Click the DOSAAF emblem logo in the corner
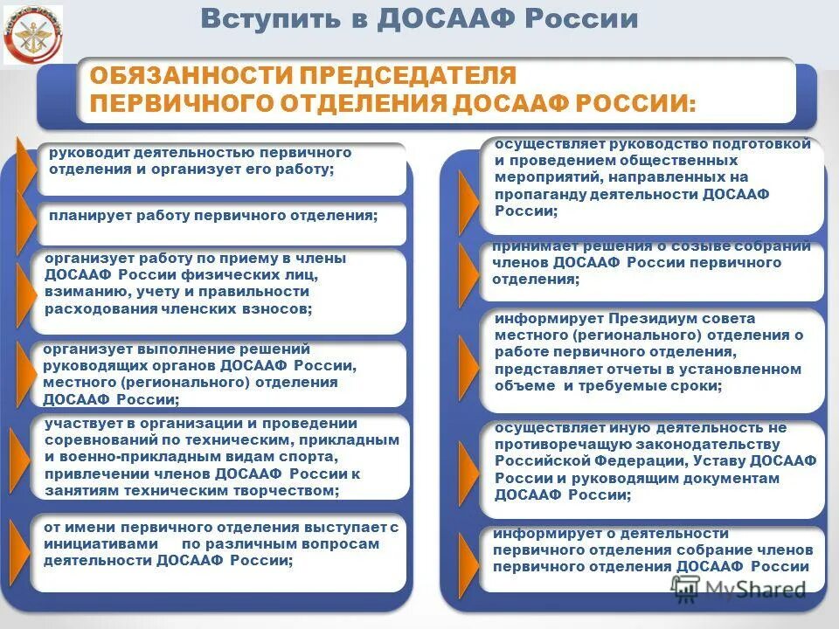[x=33, y=34]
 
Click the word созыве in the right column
[x=682, y=246]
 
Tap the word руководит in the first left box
[x=87, y=153]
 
